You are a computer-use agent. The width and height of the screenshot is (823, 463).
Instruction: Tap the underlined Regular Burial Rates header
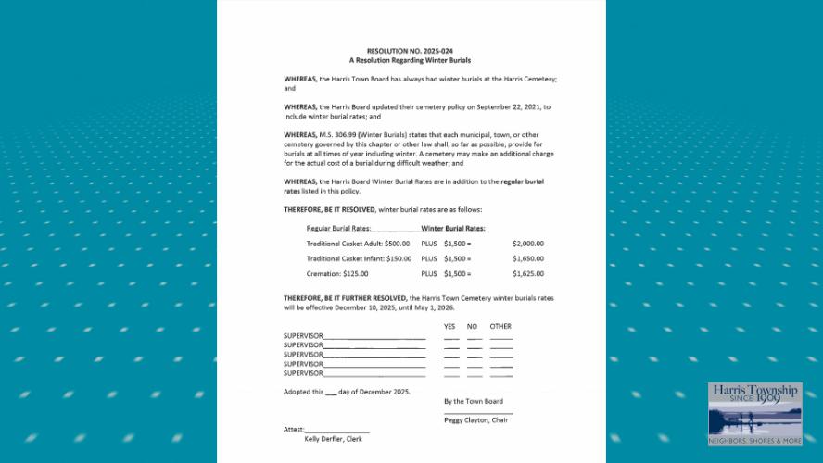pyautogui.click(x=338, y=228)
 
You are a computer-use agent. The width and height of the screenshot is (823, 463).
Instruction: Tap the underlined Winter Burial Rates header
pyautogui.click(x=453, y=228)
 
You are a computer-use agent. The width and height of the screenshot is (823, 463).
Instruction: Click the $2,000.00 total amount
pyautogui.click(x=527, y=244)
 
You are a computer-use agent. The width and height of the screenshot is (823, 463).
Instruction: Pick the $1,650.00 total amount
pyautogui.click(x=527, y=258)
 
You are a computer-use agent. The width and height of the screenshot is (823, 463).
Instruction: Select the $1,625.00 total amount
pyautogui.click(x=527, y=274)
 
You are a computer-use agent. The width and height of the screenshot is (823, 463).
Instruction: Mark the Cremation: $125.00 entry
pyautogui.click(x=337, y=274)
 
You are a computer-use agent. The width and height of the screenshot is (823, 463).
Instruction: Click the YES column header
pyautogui.click(x=449, y=327)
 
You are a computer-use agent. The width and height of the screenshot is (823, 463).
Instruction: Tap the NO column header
pyautogui.click(x=472, y=327)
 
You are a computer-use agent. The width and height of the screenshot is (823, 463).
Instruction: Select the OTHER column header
pyautogui.click(x=500, y=327)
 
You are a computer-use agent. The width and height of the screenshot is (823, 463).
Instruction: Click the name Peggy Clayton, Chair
pyautogui.click(x=475, y=420)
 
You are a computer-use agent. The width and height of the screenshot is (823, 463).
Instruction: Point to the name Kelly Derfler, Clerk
pyautogui.click(x=333, y=439)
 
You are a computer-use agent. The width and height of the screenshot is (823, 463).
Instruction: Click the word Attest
pyautogui.click(x=294, y=430)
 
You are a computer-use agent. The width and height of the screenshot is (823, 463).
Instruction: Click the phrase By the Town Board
pyautogui.click(x=473, y=401)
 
